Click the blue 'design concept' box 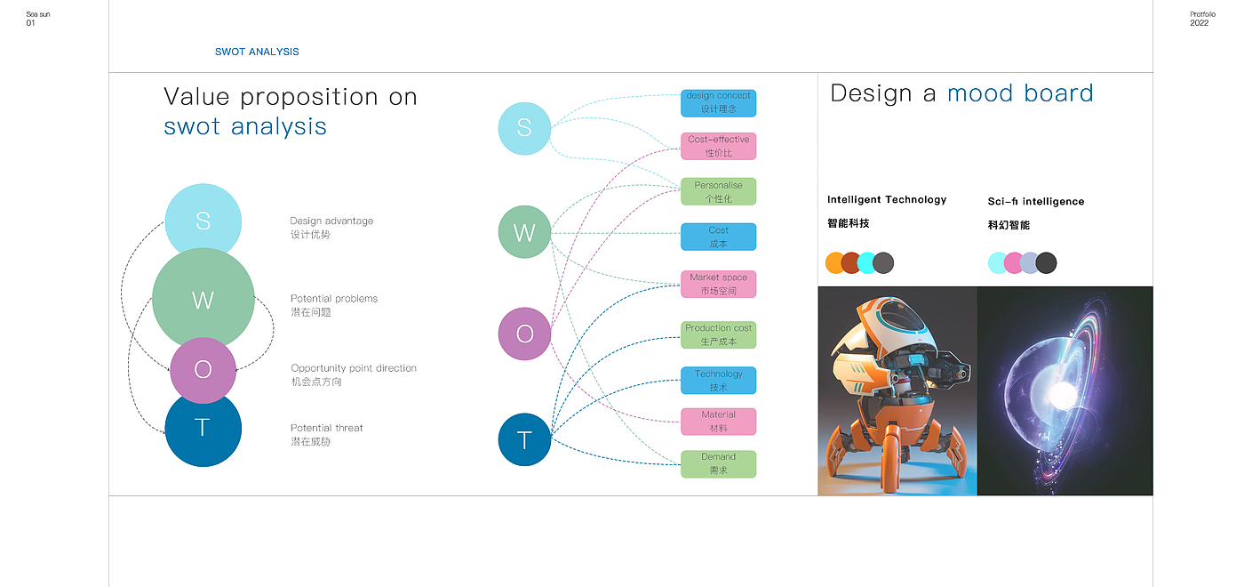point(718,102)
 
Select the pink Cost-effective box point(718,146)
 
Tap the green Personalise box point(718,191)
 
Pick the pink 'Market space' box point(718,284)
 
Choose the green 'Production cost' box point(718,334)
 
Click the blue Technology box point(718,380)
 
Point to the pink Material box point(718,422)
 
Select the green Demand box point(718,463)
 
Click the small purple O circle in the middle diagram point(524,334)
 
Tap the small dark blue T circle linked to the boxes point(524,439)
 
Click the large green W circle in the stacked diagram point(203,299)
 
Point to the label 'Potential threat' point(326,428)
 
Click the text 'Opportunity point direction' point(354,368)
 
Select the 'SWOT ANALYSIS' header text point(257,52)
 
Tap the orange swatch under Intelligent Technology point(835,262)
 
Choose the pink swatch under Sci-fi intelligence point(1014,262)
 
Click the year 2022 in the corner point(1199,23)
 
